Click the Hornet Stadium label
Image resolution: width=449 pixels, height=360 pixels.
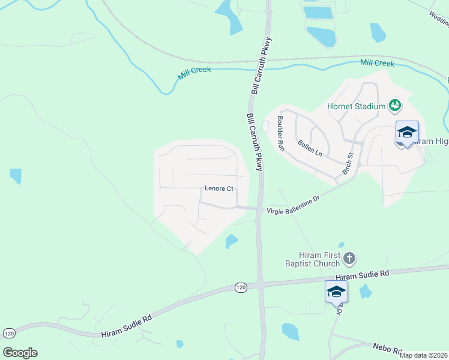click(x=355, y=107)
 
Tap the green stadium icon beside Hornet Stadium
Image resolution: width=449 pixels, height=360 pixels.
click(x=394, y=106)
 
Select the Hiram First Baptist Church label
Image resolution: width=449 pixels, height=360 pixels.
click(x=321, y=259)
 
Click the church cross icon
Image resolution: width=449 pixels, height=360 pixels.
click(x=349, y=259)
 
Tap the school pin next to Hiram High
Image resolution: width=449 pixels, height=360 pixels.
click(x=407, y=133)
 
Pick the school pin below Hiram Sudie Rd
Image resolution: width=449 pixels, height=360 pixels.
click(x=336, y=292)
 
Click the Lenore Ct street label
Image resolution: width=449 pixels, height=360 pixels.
click(x=218, y=188)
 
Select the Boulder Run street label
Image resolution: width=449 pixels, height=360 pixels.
click(x=280, y=133)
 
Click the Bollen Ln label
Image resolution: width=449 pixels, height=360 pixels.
click(x=310, y=148)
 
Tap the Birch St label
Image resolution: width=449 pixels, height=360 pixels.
click(x=348, y=160)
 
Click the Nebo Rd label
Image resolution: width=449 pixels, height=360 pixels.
click(x=387, y=347)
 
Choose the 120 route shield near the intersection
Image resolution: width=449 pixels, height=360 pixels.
click(x=241, y=288)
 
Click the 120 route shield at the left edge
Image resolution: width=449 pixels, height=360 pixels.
click(x=9, y=333)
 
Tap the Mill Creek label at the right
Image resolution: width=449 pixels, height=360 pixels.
click(x=377, y=63)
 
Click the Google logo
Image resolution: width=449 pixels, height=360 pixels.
click(x=20, y=353)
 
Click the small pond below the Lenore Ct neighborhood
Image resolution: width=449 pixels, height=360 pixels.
click(x=231, y=241)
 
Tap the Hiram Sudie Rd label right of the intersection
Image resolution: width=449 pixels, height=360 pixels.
click(x=363, y=274)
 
